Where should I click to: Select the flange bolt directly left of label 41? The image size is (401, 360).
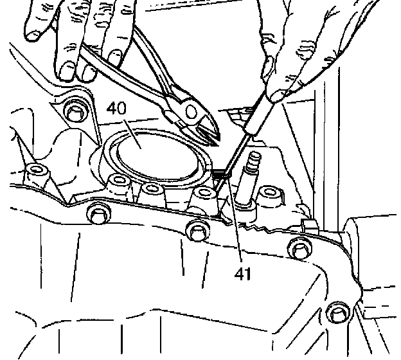tap(195, 229)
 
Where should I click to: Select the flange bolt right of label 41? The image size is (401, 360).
tap(297, 247)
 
